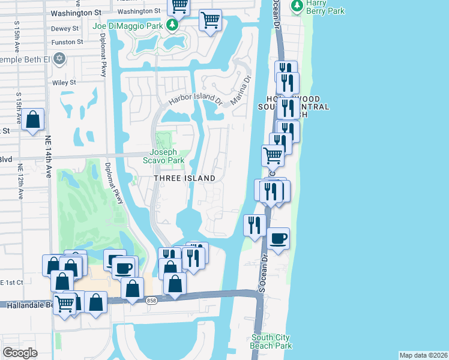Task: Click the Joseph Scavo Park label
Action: coord(163,156)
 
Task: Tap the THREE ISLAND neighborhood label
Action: coord(184,178)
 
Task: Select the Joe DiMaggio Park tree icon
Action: coord(172,25)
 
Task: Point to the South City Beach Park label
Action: coord(271,341)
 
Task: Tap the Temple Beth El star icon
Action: coord(59,58)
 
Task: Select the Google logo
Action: coord(20,353)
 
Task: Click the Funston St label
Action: coord(67,42)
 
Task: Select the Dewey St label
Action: coord(65,28)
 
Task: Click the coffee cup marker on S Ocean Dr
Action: coord(278,239)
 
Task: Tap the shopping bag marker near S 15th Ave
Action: coord(34,119)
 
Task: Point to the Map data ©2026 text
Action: coord(423,355)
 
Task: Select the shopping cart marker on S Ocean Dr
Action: coord(273,155)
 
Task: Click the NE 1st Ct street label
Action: coord(12,282)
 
